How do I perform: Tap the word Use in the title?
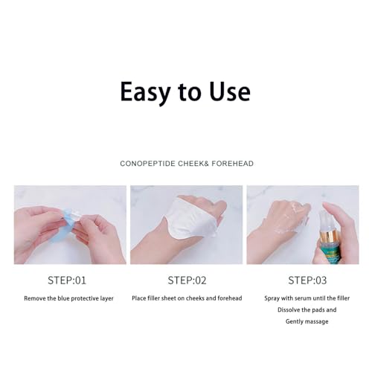point(229,92)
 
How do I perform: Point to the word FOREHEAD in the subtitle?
point(233,164)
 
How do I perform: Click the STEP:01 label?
point(67,280)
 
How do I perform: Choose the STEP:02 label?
point(187,280)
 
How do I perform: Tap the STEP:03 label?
point(307,280)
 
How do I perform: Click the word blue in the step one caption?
point(63,298)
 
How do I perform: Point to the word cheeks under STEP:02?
point(195,298)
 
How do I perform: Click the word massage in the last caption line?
point(318,321)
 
